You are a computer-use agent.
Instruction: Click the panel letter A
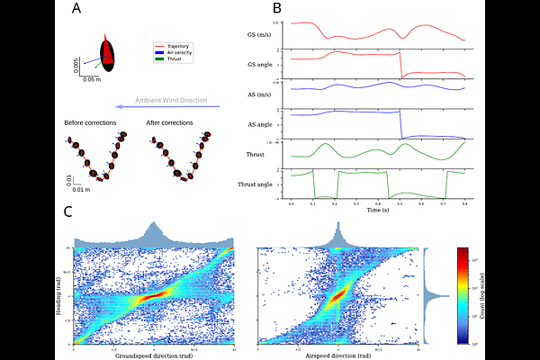pos(77,10)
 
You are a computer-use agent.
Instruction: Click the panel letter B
pos(277,8)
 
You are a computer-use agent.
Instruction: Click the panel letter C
pos(68,212)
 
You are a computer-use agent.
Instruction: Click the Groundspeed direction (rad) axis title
pos(152,355)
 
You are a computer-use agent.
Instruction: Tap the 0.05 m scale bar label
pos(91,79)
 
